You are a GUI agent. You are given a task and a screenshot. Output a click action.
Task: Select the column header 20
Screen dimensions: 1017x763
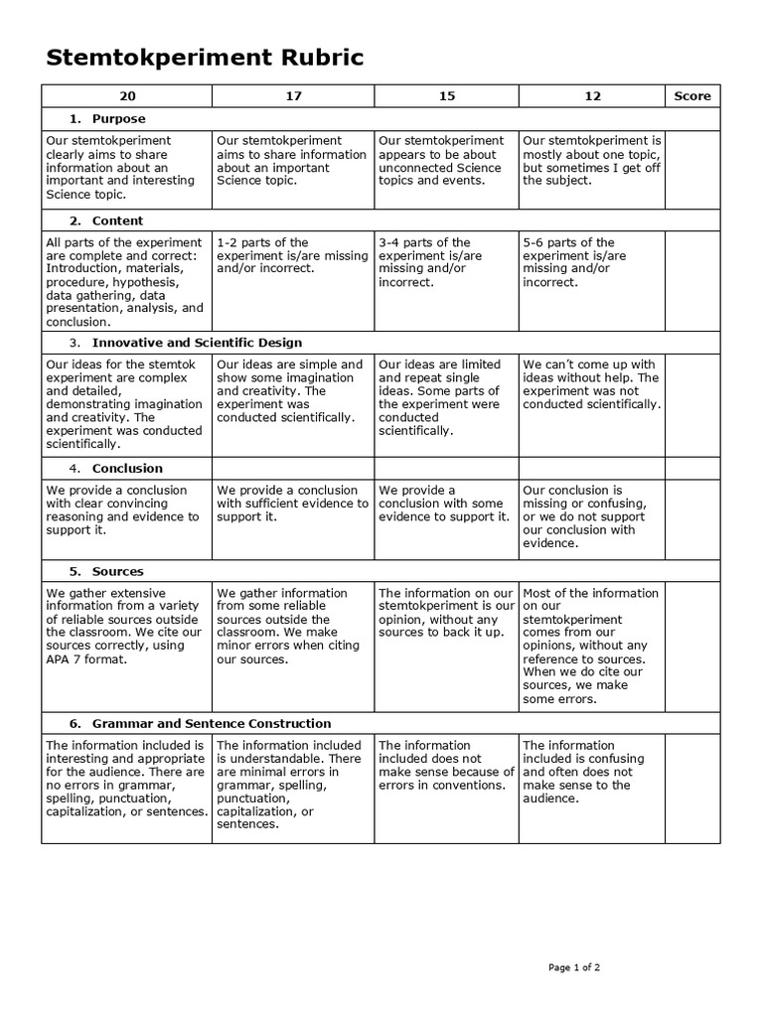[x=126, y=96]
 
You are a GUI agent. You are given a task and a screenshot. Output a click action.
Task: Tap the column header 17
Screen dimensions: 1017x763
[x=292, y=96]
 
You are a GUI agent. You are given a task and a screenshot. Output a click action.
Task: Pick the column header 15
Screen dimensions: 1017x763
[x=446, y=96]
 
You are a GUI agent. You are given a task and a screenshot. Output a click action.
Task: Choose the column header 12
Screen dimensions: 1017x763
[x=592, y=96]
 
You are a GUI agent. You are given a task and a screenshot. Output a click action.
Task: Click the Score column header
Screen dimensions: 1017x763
[x=692, y=96]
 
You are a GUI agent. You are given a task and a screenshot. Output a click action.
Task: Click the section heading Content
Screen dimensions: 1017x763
[x=117, y=220]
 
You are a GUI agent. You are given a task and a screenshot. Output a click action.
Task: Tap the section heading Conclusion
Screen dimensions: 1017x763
[x=127, y=468]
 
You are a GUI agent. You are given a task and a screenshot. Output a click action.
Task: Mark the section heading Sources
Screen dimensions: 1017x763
[x=117, y=571]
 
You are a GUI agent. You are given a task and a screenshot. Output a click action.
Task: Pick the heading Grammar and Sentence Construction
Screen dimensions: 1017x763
[x=212, y=723]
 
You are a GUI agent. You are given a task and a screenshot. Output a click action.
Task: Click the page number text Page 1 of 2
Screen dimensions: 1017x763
[x=574, y=966]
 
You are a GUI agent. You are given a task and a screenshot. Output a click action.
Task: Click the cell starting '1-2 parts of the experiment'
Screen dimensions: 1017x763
[x=292, y=255]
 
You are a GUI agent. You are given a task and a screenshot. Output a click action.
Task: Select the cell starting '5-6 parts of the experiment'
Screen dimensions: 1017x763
[x=591, y=262]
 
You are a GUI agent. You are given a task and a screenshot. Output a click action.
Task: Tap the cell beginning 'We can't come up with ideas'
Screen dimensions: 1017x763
[x=591, y=384]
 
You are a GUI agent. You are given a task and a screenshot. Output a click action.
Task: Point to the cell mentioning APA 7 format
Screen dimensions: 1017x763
[x=126, y=619]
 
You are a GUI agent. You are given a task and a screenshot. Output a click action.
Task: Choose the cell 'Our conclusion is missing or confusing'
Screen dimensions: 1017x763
[x=591, y=516]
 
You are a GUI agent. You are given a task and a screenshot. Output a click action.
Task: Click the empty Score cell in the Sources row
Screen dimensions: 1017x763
[x=692, y=646]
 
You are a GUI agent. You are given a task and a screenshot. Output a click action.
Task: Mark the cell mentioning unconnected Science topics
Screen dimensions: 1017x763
[x=446, y=161]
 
